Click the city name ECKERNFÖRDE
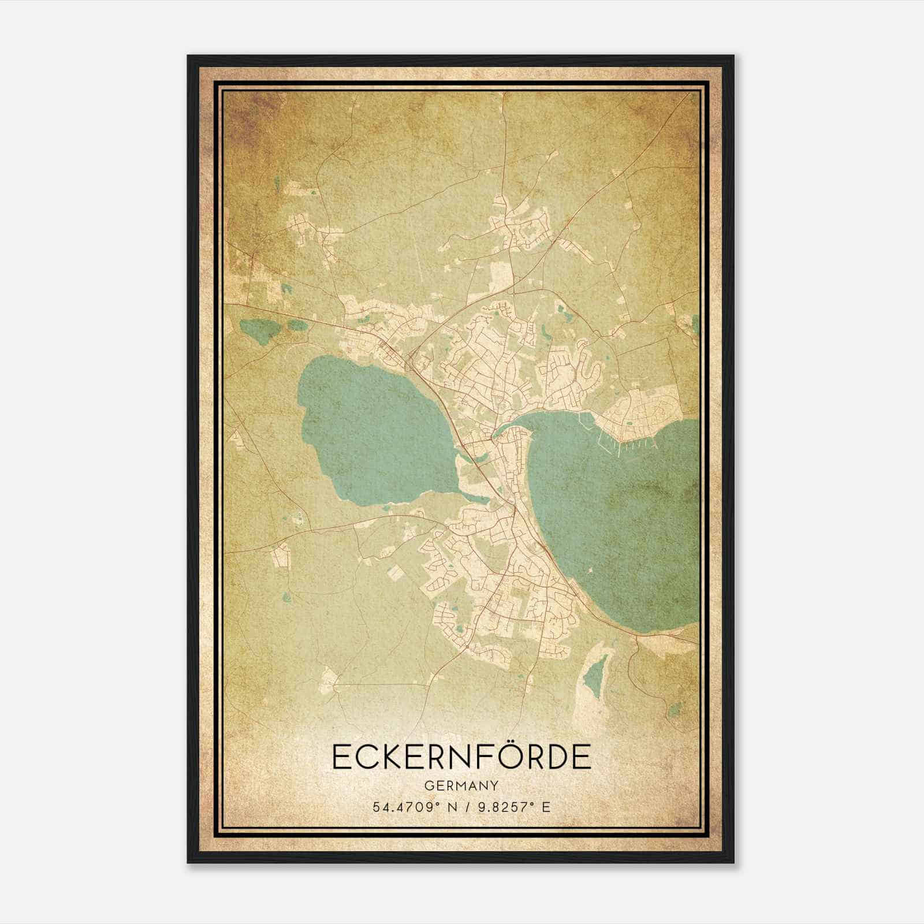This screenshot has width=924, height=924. (x=461, y=757)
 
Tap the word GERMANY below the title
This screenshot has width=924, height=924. (x=461, y=786)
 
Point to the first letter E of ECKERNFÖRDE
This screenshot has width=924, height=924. (x=342, y=757)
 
